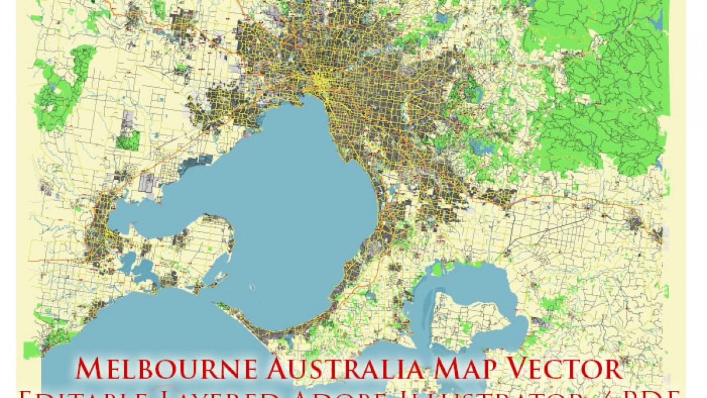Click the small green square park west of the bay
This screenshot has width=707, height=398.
coord(128,140)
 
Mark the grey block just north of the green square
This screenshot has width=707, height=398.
coord(127,120)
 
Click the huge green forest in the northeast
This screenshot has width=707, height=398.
coord(595,88)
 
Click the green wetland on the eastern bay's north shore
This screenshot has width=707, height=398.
coord(437,269)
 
